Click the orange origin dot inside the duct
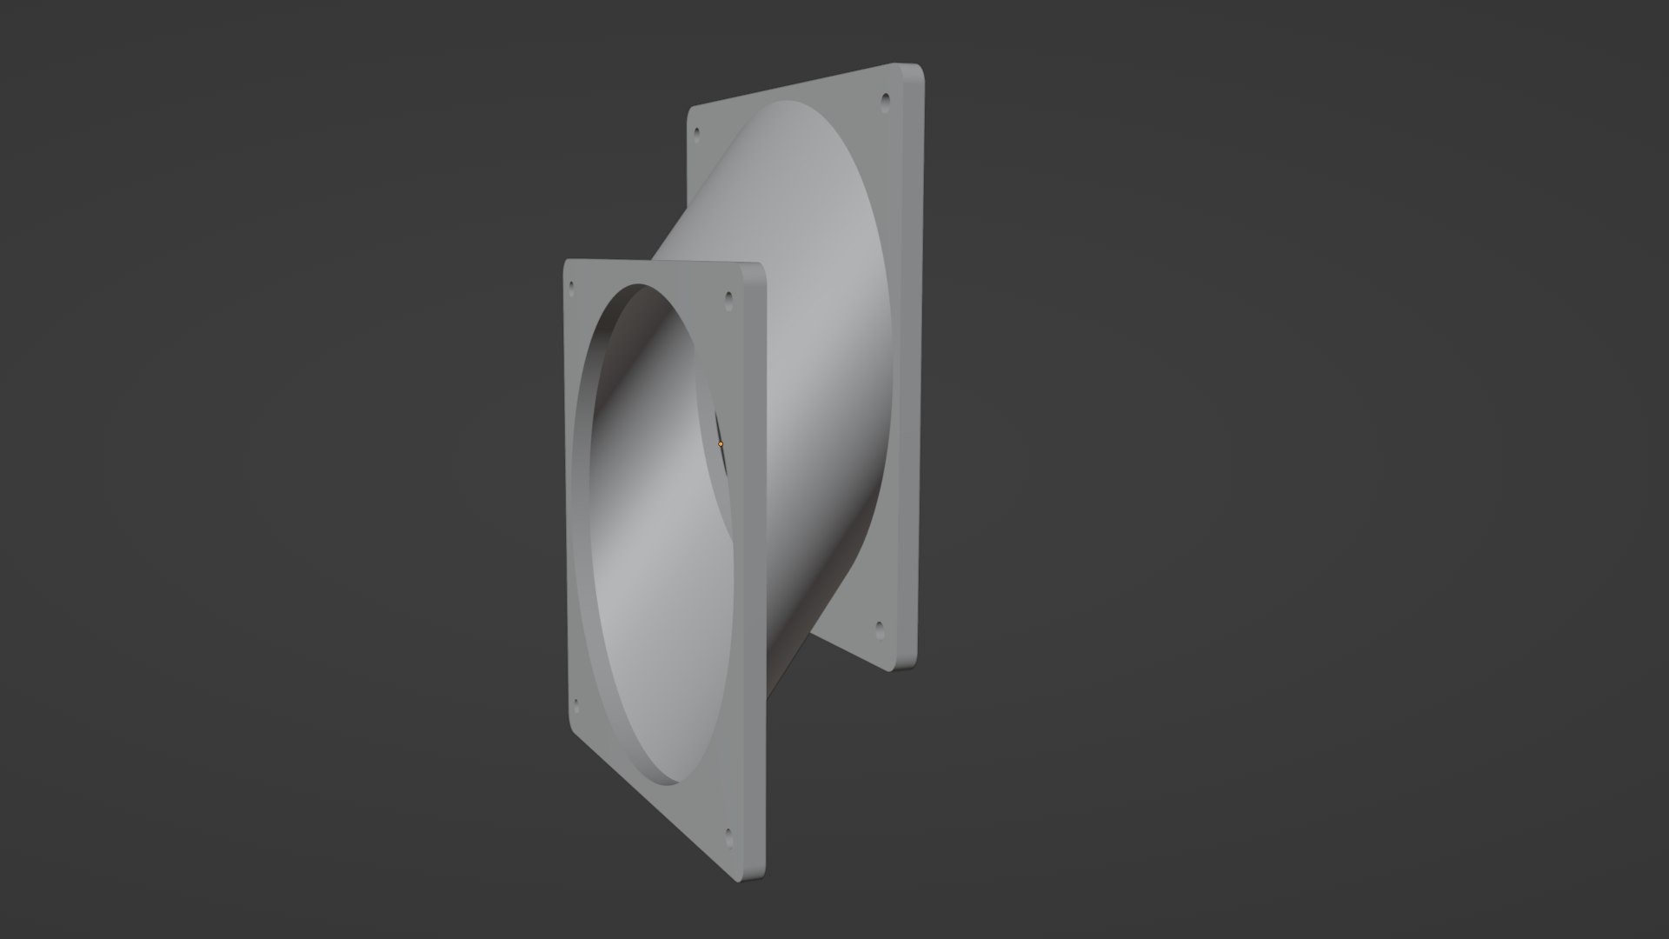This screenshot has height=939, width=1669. click(721, 443)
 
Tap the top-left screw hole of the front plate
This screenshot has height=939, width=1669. click(571, 284)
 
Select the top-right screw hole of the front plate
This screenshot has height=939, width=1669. click(728, 299)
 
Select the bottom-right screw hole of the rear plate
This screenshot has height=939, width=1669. click(879, 626)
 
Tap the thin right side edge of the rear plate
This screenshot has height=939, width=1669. click(915, 365)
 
